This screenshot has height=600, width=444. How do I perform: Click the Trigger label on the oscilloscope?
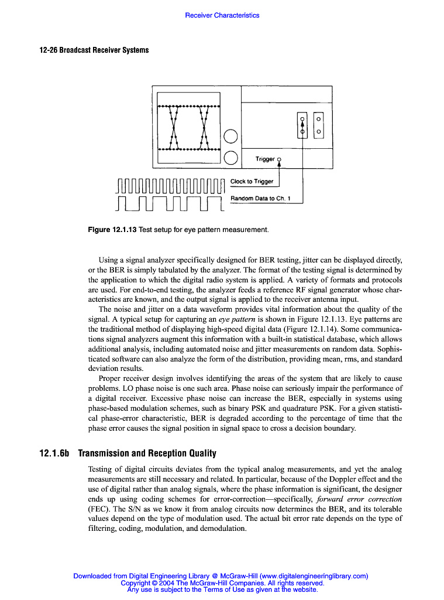pyautogui.click(x=264, y=159)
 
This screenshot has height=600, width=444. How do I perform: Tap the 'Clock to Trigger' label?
pyautogui.click(x=252, y=181)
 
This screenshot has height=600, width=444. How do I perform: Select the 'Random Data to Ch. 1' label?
pyautogui.click(x=260, y=198)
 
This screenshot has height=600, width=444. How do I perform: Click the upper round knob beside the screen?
pyautogui.click(x=230, y=136)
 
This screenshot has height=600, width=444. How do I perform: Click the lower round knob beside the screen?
pyautogui.click(x=230, y=157)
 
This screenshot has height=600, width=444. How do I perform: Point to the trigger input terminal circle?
pyautogui.click(x=279, y=159)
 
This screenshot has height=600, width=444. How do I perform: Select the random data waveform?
pyautogui.click(x=170, y=203)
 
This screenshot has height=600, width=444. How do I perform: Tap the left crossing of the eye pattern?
pyautogui.click(x=174, y=128)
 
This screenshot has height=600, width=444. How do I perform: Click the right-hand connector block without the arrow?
pyautogui.click(x=318, y=125)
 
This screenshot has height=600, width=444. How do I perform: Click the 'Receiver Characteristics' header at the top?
pyautogui.click(x=222, y=15)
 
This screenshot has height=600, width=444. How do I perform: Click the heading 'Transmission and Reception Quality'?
pyautogui.click(x=147, y=454)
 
